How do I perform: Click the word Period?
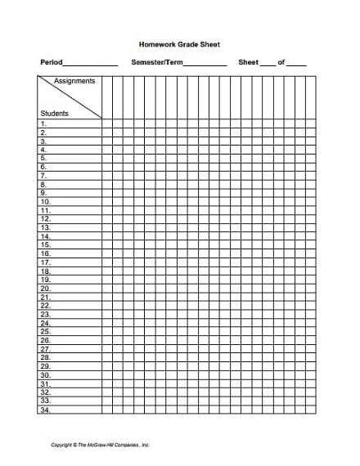click(51, 62)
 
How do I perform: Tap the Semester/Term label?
click(158, 62)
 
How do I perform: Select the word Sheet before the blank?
click(248, 62)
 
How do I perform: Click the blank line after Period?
click(90, 65)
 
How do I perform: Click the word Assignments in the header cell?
click(74, 81)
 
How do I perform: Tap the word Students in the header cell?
click(54, 113)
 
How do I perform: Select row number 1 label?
click(43, 123)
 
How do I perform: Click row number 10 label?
click(45, 201)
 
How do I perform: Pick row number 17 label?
click(45, 262)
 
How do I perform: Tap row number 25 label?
click(45, 332)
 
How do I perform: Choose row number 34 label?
click(45, 410)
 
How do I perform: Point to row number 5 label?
click(43, 158)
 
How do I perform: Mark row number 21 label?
click(45, 297)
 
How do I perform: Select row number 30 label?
click(45, 375)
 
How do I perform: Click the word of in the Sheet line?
click(282, 62)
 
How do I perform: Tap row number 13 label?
click(45, 227)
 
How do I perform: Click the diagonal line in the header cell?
click(70, 97)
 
